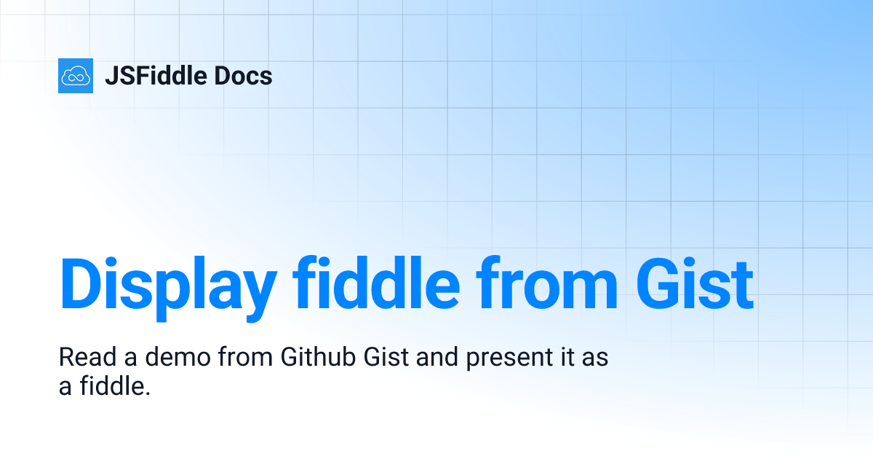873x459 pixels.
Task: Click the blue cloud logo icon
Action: [x=76, y=76]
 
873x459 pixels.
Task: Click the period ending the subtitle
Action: [x=147, y=393]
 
